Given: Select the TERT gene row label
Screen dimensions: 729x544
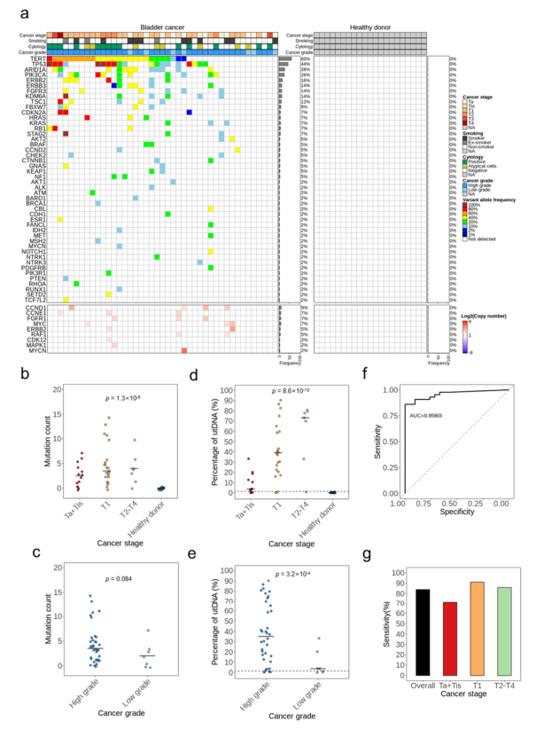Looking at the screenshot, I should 38,59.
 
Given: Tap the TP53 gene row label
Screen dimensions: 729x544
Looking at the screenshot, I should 38,65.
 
